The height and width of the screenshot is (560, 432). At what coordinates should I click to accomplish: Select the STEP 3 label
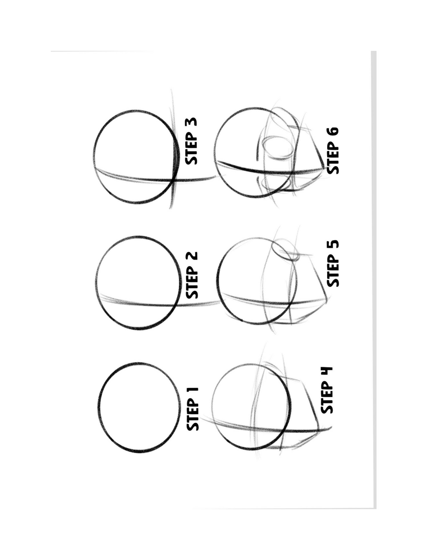click(x=191, y=141)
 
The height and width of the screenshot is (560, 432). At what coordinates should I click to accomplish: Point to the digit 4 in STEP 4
click(x=327, y=375)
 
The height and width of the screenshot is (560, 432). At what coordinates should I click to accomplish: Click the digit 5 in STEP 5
click(x=333, y=247)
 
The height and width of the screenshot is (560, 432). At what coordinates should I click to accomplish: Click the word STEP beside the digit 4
click(x=327, y=400)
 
